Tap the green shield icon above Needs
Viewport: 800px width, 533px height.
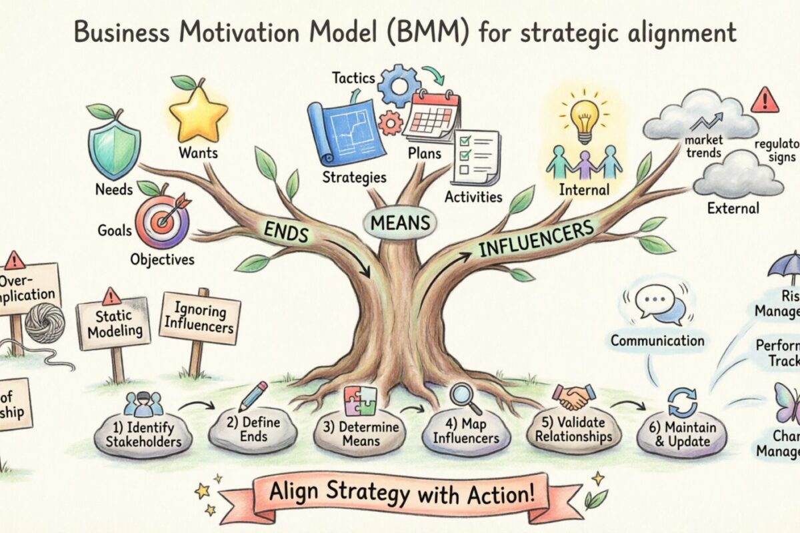tap(114, 145)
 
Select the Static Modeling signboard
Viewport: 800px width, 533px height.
tap(112, 323)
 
